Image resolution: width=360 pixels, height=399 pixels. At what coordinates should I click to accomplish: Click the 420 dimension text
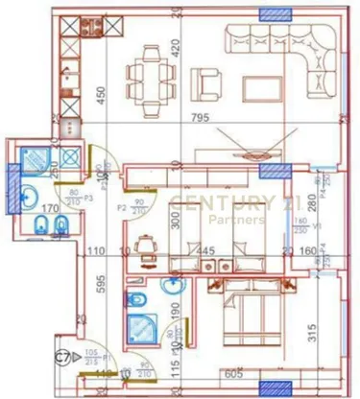pos(176,46)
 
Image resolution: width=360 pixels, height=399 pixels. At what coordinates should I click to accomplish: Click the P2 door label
pos(122,206)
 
